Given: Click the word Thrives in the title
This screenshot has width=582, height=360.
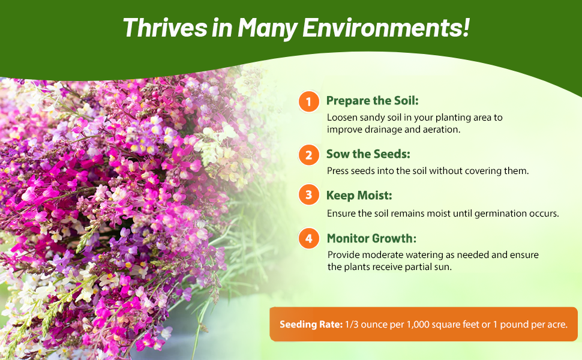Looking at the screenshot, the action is [165, 28].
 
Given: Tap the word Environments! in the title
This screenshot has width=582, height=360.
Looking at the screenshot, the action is [386, 28].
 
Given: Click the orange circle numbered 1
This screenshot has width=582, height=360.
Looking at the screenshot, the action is [309, 101].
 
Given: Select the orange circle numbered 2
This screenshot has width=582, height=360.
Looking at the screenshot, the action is [309, 155].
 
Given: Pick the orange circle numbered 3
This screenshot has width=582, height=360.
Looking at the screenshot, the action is [309, 194].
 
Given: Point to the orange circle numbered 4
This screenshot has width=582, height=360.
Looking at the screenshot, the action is [309, 238].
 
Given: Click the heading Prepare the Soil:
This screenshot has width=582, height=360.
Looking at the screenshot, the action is [372, 101].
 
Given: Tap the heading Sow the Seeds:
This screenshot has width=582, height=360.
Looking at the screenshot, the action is [368, 154].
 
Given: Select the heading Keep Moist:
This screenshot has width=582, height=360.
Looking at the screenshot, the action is [359, 196].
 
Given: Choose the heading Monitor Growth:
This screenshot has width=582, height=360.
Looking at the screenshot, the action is [371, 238].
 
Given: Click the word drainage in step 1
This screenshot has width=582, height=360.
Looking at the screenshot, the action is [383, 130].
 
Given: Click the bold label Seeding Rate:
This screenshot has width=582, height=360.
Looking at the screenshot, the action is [311, 325].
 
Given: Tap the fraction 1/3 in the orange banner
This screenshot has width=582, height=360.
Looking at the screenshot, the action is [352, 325].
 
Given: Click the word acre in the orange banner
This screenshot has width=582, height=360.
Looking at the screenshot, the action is [557, 325].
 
